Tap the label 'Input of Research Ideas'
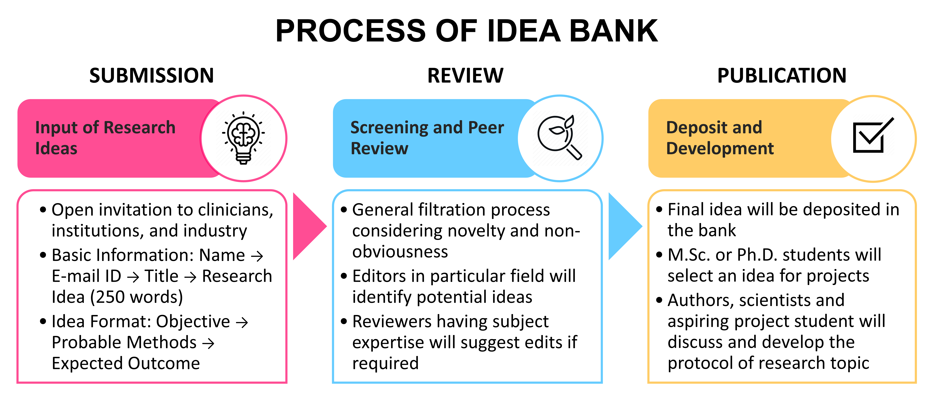click(105, 138)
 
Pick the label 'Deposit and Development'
click(720, 138)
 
